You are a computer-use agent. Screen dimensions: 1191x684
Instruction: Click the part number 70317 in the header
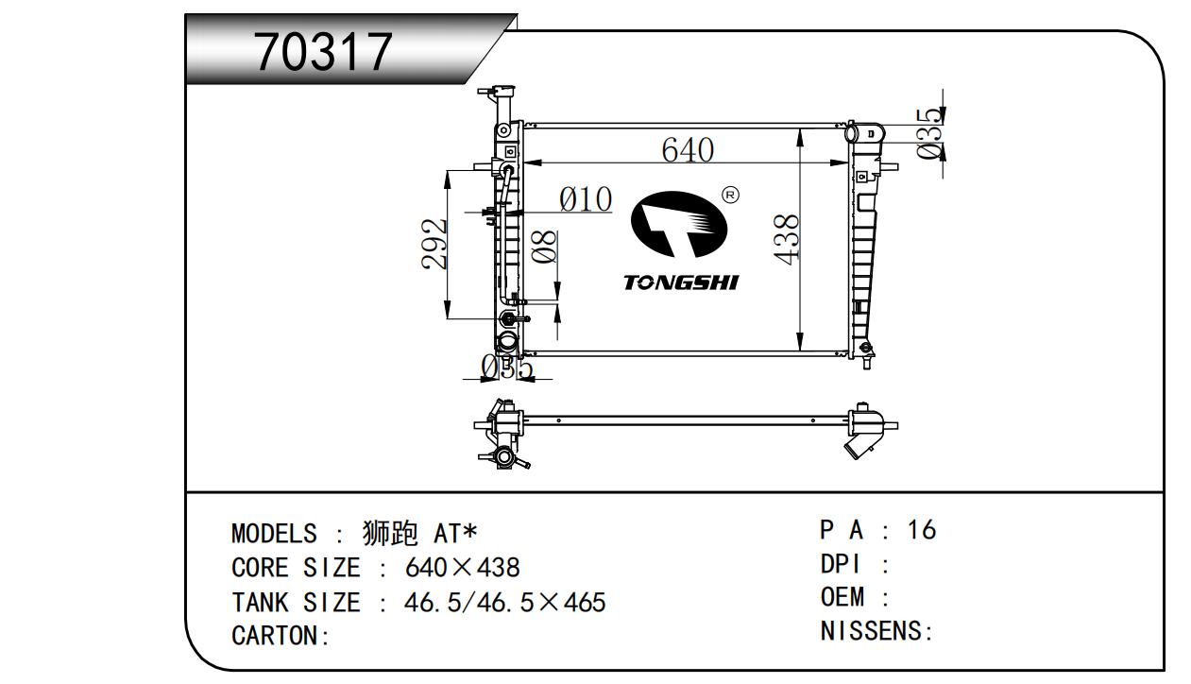click(324, 52)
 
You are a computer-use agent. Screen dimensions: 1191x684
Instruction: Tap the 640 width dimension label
click(688, 150)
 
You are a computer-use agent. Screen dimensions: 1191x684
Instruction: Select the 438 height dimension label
click(786, 239)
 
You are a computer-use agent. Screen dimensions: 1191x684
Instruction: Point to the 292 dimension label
click(434, 244)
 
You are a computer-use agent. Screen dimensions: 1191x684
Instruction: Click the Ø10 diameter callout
click(586, 199)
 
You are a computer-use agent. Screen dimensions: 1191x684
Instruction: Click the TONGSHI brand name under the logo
click(681, 282)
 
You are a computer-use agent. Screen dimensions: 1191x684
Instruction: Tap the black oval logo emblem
click(678, 225)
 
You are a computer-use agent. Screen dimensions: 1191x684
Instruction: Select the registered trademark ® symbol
click(730, 196)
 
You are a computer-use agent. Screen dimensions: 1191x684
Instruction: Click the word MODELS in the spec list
click(274, 534)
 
